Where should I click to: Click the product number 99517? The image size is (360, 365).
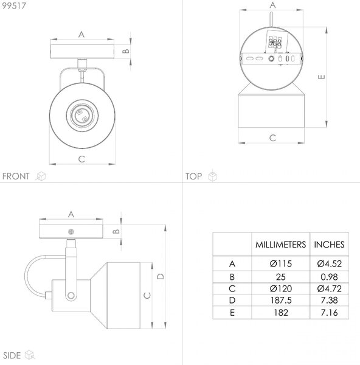pos(14,6)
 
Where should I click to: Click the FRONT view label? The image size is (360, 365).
pos(16,176)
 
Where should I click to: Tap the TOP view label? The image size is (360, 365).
pos(193,176)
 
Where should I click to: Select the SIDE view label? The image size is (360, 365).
pos(12,355)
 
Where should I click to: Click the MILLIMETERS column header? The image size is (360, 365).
pos(280,245)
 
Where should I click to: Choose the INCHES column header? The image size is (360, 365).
pos(329,245)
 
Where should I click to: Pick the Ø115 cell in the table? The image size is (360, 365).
pos(281,264)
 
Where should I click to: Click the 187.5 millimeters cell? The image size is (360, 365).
pos(281,301)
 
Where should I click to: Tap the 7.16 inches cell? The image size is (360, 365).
pos(329,313)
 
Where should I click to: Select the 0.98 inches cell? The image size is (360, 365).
pos(329,277)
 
